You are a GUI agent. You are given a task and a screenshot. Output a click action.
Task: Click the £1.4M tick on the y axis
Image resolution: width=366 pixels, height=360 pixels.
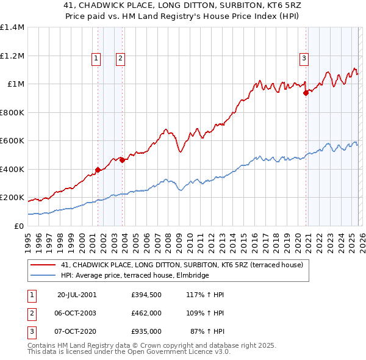[12, 27]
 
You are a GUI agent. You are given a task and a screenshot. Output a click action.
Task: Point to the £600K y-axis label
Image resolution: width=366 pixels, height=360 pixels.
[12, 141]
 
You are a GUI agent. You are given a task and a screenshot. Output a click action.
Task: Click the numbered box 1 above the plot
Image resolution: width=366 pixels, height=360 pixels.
[96, 59]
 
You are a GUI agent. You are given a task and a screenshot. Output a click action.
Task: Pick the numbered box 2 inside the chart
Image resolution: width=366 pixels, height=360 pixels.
[120, 59]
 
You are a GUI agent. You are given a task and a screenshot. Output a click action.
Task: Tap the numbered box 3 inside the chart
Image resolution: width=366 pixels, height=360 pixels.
[304, 59]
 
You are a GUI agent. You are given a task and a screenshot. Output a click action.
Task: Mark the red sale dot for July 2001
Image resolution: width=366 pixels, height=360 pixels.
[98, 170]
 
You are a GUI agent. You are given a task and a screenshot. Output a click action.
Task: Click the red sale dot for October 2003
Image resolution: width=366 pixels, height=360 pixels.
[123, 160]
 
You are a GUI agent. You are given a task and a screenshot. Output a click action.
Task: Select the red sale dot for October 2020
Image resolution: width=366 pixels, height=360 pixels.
[306, 93]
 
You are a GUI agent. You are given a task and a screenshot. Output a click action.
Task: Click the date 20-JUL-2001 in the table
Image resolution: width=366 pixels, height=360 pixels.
[77, 295]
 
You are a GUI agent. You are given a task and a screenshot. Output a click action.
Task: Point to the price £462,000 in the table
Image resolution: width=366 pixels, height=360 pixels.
[146, 313]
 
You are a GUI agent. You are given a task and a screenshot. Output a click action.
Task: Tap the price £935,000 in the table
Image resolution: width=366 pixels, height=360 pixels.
[146, 331]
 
